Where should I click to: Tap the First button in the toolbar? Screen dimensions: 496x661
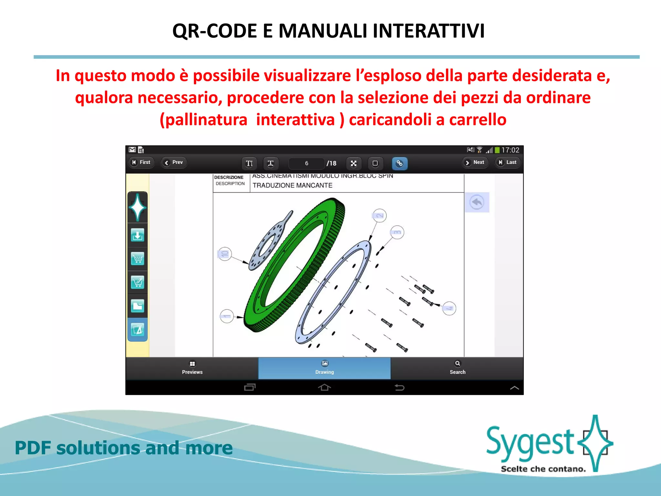141,162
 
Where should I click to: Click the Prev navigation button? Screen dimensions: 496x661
174,162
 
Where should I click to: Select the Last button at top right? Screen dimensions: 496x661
508,162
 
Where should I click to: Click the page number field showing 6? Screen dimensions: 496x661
306,163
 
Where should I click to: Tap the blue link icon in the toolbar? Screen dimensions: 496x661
399,163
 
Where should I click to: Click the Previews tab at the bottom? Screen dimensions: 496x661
192,368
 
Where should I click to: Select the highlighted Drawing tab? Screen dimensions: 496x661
324,368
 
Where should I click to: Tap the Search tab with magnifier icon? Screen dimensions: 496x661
457,368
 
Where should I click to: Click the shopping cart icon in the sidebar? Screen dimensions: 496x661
137,259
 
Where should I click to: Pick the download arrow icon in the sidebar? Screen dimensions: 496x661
137,235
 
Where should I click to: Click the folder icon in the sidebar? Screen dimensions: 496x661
137,306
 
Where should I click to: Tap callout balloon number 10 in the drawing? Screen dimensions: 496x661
225,254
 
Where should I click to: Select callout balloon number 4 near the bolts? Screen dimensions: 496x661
449,308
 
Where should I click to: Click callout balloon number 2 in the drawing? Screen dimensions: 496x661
380,215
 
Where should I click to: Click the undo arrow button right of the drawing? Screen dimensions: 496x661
477,202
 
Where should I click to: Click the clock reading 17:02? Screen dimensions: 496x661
510,150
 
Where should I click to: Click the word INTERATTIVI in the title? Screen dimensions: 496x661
428,31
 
